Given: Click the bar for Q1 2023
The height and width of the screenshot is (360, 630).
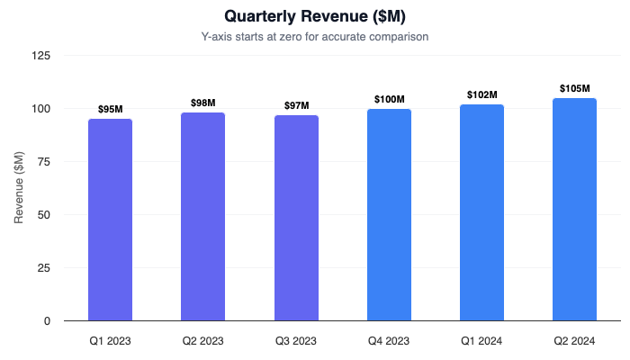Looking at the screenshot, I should coord(110,220).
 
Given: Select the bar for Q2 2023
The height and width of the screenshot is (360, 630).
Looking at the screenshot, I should coord(202,217).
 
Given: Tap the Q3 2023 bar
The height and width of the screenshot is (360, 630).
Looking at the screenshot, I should coord(296,218).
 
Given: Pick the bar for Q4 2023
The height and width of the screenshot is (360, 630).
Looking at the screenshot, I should coord(389,215).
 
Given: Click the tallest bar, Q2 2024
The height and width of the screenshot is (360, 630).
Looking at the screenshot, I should coord(574,210).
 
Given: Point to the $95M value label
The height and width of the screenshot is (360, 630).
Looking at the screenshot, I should coord(110,109).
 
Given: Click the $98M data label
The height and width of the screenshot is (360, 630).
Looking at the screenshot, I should coord(202,103).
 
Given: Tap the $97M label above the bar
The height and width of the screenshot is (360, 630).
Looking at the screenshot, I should coord(296,105).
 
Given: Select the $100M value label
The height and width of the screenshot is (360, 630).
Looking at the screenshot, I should coord(389,99).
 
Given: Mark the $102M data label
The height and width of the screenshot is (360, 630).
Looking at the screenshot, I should coord(481,94).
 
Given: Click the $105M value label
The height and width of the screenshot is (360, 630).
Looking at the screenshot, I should coord(574,88).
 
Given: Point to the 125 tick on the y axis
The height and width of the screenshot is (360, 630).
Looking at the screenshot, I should coord(42,56).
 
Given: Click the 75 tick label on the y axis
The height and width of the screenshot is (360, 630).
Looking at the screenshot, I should coord(45,162).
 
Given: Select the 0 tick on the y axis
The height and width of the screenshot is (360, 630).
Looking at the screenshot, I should coord(49,321).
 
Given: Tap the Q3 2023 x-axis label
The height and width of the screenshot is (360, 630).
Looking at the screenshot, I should coord(296,341).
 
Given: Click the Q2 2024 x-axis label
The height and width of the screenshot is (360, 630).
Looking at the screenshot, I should coord(574,341).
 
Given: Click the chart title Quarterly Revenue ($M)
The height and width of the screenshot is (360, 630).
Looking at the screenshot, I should coord(315,16).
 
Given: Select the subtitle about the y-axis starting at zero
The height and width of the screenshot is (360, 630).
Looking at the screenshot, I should coord(315,37).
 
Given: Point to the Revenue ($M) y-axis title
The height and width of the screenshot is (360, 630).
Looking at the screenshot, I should coord(19,188).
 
